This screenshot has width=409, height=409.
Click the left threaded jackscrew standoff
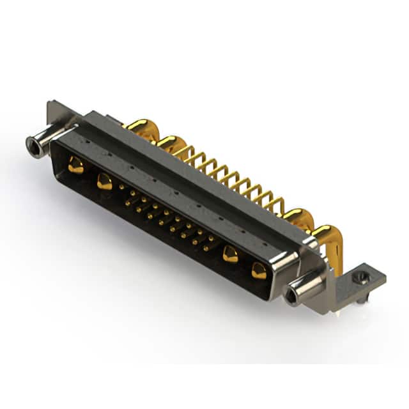tap(37, 146)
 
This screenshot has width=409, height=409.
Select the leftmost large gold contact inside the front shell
tap(76, 166)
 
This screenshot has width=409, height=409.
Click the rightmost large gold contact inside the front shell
tap(259, 270)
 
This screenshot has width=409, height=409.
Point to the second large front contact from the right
tap(230, 255)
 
